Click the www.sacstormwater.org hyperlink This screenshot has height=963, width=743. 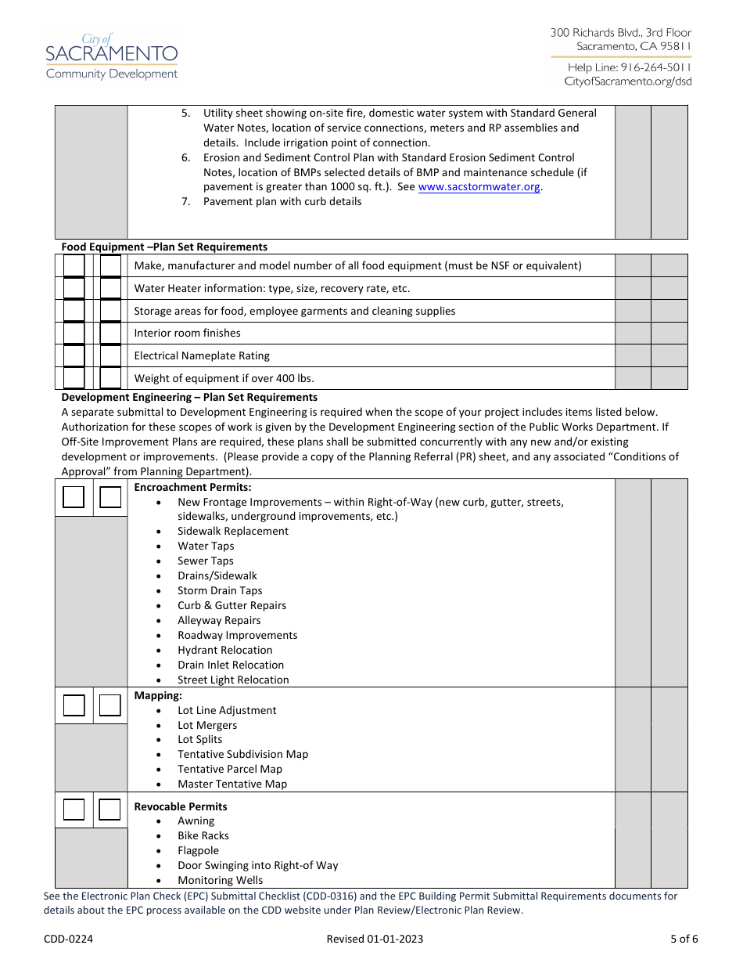(x=479, y=187)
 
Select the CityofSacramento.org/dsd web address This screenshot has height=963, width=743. (x=627, y=81)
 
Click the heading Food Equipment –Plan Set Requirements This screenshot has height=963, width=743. (x=164, y=247)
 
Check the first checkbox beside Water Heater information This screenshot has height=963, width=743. (x=74, y=288)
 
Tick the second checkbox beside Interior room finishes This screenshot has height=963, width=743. (x=110, y=334)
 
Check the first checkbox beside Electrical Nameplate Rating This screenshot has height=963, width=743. (x=74, y=356)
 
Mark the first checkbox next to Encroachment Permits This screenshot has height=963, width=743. (x=74, y=497)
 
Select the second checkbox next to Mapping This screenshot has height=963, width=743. (x=110, y=705)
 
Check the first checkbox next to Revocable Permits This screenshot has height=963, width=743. (x=74, y=810)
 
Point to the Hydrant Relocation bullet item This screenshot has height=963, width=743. (x=224, y=650)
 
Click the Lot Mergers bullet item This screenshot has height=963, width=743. (x=206, y=725)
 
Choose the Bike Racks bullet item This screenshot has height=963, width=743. (x=203, y=835)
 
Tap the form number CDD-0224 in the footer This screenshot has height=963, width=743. (x=68, y=939)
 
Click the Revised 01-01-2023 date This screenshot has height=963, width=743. (x=375, y=939)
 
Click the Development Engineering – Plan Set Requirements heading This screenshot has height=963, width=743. (x=189, y=397)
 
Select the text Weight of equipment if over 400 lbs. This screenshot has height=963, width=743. (x=224, y=378)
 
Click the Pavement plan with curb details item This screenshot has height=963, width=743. (x=282, y=201)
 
